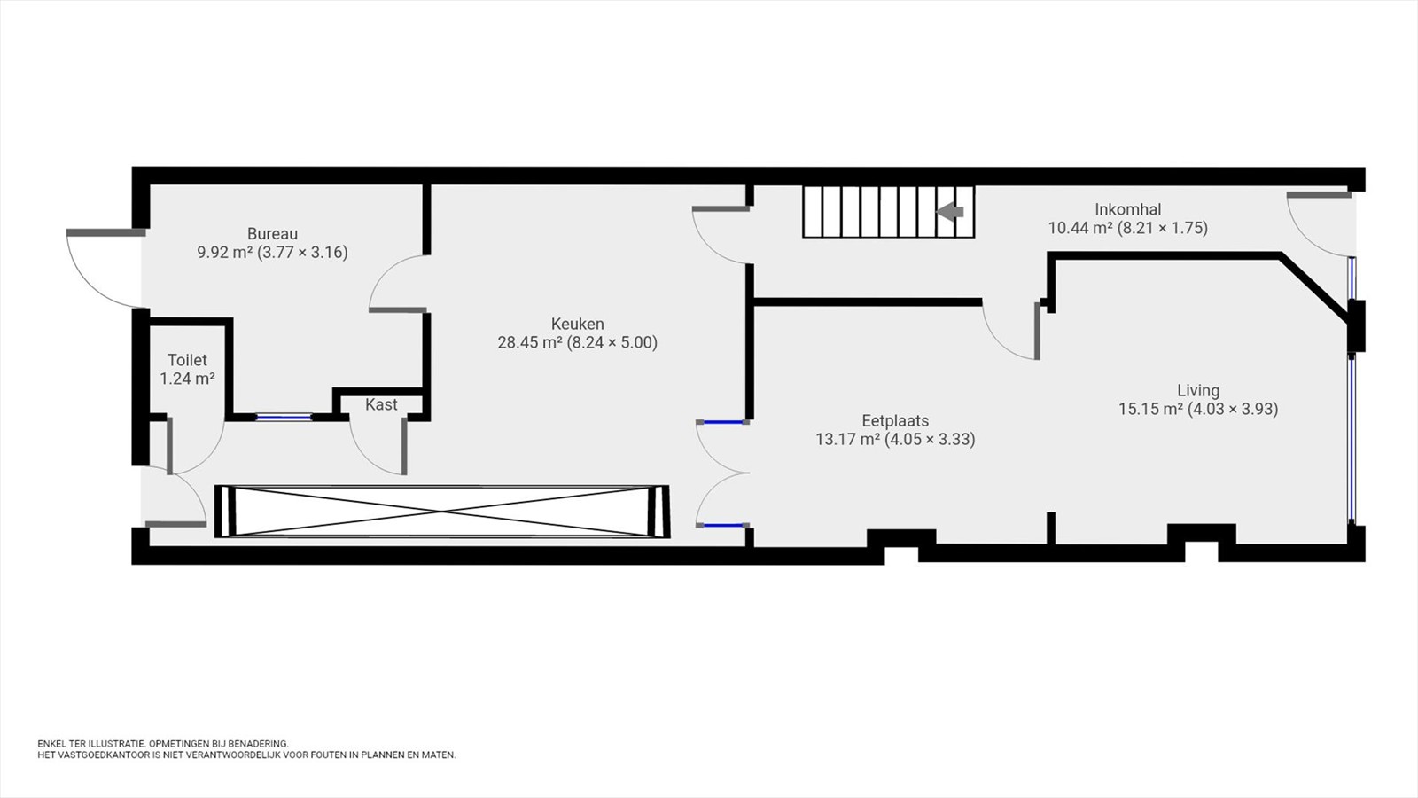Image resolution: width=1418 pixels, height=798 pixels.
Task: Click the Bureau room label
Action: pos(272,234)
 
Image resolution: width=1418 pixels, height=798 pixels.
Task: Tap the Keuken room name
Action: pos(577,324)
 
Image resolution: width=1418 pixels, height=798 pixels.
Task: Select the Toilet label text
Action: pos(187,360)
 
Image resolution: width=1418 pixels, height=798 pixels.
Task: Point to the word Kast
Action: pos(381,404)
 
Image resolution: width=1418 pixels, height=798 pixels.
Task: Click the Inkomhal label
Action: pos(1128,209)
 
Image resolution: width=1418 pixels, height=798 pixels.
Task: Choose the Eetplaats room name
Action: pos(895,420)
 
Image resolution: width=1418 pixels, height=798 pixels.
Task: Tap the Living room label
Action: pos(1198,390)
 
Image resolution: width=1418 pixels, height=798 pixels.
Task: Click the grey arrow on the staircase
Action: pos(950,212)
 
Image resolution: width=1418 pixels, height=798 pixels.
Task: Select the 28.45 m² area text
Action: pos(530,342)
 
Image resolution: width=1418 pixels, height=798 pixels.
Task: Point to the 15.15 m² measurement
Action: pos(1151,409)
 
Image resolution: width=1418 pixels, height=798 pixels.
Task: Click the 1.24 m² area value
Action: pos(187,379)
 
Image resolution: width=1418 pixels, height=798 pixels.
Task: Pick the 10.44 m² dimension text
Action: pos(1080,228)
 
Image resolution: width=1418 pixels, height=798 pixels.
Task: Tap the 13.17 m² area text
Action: pos(847,440)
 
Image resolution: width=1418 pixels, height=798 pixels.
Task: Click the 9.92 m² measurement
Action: pos(225,253)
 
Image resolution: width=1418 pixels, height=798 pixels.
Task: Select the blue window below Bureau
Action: pos(284,418)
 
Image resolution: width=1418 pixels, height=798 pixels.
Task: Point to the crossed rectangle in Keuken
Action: pos(442,512)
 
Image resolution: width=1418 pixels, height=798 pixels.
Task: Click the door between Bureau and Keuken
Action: pos(399,283)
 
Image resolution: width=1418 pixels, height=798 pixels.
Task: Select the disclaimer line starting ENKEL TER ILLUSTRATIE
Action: pos(163,744)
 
